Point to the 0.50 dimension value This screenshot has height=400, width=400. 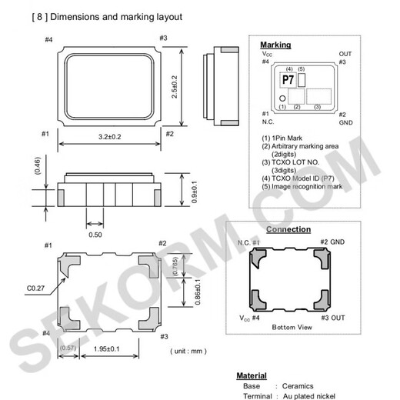(x=95, y=234)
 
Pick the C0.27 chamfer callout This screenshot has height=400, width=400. (x=36, y=288)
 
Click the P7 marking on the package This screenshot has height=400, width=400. (x=288, y=80)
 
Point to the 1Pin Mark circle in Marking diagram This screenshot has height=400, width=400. (x=283, y=98)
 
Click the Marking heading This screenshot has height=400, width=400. (x=275, y=45)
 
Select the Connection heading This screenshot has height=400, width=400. (x=288, y=229)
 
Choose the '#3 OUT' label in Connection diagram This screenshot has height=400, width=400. (x=335, y=317)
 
